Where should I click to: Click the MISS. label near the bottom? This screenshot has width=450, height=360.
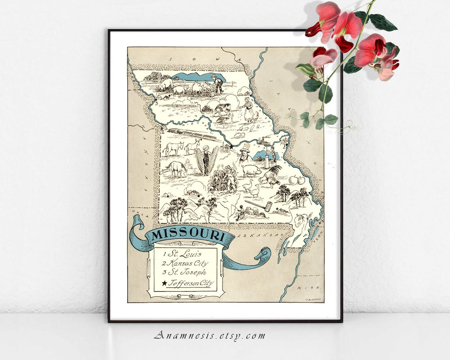click(x=305, y=288)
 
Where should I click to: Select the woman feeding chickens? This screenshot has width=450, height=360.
click(x=248, y=109)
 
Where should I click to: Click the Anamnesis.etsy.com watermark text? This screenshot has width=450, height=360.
click(x=209, y=335)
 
